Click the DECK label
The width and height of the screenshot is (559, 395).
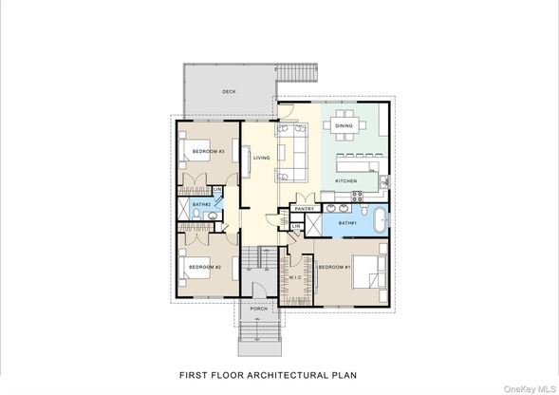(x=229, y=92)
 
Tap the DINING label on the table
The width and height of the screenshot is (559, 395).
(x=344, y=125)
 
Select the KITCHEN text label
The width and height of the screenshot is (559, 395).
(x=345, y=181)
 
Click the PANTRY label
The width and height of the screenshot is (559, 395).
(x=305, y=208)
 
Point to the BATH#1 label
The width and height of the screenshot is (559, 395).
(x=347, y=223)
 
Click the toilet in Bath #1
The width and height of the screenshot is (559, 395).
(x=363, y=210)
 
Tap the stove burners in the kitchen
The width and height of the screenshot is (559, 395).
(x=357, y=197)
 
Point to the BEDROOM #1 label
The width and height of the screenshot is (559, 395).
(x=335, y=267)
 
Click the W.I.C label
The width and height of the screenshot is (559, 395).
(x=295, y=277)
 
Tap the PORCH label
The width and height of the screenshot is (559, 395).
(x=259, y=309)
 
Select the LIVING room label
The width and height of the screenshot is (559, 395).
(x=261, y=158)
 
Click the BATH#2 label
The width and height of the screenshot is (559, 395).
(x=202, y=204)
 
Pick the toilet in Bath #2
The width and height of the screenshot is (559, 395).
(x=196, y=214)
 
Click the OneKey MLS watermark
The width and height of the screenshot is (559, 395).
(x=531, y=389)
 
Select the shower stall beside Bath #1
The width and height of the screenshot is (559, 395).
(x=313, y=225)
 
